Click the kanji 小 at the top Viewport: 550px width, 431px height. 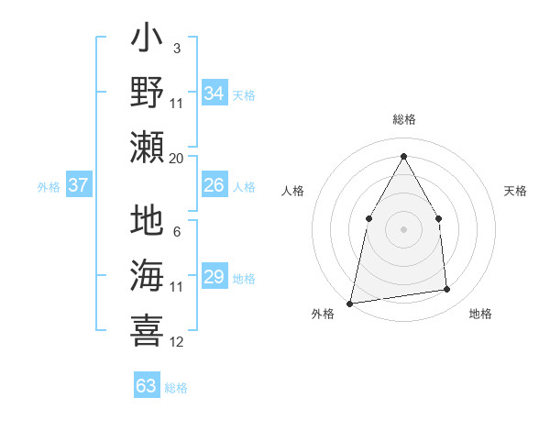tap(147, 41)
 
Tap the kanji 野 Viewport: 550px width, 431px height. tap(147, 94)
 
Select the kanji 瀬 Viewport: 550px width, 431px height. tap(147, 147)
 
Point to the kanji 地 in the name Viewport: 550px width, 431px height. tap(147, 222)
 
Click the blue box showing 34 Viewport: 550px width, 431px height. tap(214, 94)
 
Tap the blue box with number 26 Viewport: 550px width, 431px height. tap(214, 185)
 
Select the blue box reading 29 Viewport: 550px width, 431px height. tap(214, 277)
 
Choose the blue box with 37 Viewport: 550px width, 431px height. tap(79, 185)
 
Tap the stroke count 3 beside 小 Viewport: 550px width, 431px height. tap(176, 48)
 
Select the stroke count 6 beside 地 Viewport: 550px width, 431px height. tap(176, 232)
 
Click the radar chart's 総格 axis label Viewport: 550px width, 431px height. tap(403, 120)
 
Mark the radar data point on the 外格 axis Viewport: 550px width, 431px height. tap(349, 303)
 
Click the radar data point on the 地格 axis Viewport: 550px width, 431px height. tap(447, 290)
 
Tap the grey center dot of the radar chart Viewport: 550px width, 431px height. tap(403, 228)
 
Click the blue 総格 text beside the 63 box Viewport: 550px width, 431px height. tap(176, 388)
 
